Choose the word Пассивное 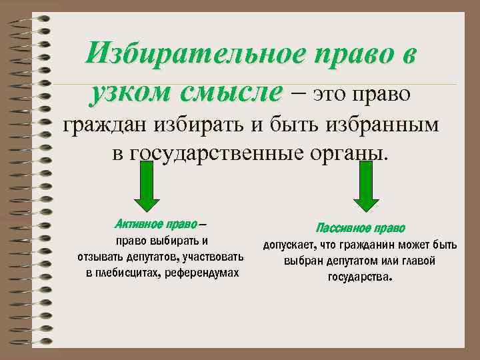coord(341,227)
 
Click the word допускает coord(291,245)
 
